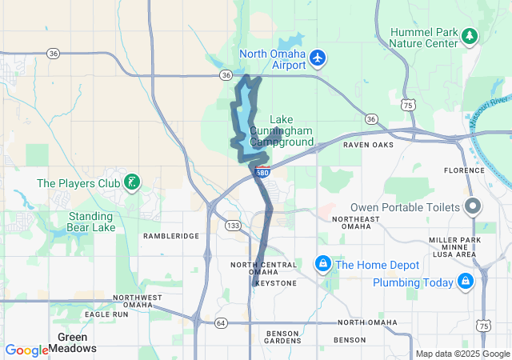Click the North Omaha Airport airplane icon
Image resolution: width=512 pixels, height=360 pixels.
(x=318, y=58)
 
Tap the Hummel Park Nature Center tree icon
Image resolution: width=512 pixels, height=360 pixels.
(x=469, y=36)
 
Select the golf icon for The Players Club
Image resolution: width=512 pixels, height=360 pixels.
(x=132, y=183)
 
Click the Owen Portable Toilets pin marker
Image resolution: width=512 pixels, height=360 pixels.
(x=472, y=207)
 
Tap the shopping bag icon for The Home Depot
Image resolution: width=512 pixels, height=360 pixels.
(x=322, y=264)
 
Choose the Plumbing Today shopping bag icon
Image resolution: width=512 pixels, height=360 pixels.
(x=465, y=281)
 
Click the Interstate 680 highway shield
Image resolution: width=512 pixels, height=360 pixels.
(x=262, y=170)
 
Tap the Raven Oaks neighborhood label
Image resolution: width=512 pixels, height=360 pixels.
(x=368, y=145)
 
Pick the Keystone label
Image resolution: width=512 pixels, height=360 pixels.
(x=276, y=283)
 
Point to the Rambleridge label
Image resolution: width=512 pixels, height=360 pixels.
(x=170, y=236)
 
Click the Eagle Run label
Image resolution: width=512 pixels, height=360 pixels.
(x=107, y=314)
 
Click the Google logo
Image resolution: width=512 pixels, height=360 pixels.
(x=26, y=350)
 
